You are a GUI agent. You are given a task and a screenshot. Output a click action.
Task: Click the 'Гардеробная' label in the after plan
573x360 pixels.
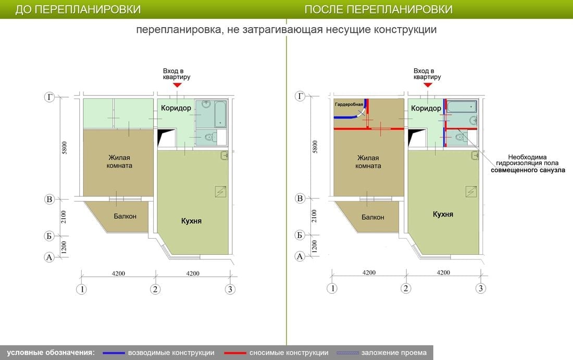349,105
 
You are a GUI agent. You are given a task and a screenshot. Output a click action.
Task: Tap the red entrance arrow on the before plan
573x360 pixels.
177,85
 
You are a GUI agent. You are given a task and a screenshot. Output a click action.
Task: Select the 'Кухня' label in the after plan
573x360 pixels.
443,214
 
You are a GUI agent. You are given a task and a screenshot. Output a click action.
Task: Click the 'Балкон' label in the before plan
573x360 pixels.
125,216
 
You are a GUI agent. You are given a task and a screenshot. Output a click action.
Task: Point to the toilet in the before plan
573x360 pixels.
209,138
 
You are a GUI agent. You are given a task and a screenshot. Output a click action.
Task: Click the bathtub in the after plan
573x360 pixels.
462,107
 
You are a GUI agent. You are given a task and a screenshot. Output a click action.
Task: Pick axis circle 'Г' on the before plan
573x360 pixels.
49,97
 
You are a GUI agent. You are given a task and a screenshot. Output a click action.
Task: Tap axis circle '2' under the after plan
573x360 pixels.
406,289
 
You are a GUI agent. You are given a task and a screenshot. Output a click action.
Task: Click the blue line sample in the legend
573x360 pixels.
114,353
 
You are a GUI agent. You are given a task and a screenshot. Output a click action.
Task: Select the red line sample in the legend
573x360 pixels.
235,353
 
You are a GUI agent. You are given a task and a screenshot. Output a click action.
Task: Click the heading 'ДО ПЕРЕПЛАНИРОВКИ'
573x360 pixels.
78,9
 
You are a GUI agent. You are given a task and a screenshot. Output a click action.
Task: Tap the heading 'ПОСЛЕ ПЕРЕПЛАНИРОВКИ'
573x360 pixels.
379,9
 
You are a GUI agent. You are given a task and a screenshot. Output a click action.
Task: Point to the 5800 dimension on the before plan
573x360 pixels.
64,147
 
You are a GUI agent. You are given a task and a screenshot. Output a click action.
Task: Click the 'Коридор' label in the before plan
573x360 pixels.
176,108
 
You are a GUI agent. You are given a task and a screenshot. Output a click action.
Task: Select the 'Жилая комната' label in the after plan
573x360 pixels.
368,162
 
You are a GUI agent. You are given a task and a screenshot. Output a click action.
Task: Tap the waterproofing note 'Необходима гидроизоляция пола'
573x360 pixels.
527,160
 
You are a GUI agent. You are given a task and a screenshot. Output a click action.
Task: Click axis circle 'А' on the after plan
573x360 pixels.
300,256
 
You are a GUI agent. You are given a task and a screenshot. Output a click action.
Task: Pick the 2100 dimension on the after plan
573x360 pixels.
314,216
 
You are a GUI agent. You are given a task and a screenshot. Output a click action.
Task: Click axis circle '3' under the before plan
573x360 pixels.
230,290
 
